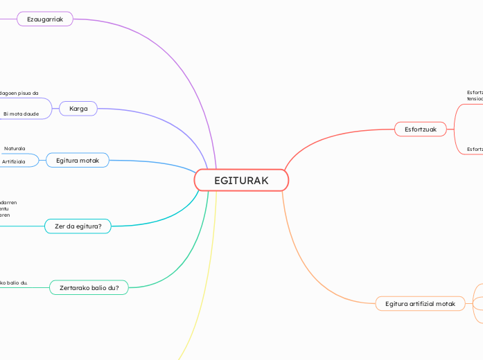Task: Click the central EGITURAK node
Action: point(241,181)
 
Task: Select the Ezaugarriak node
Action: point(45,19)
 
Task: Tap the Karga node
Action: point(78,109)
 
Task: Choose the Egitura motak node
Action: point(78,161)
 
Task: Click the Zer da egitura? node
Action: point(78,226)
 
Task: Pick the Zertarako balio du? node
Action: point(89,287)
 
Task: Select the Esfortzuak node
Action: point(421,129)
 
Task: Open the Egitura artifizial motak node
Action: point(420,304)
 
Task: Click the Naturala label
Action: point(15,148)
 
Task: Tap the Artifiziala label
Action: point(14,161)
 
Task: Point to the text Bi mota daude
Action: point(21,113)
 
